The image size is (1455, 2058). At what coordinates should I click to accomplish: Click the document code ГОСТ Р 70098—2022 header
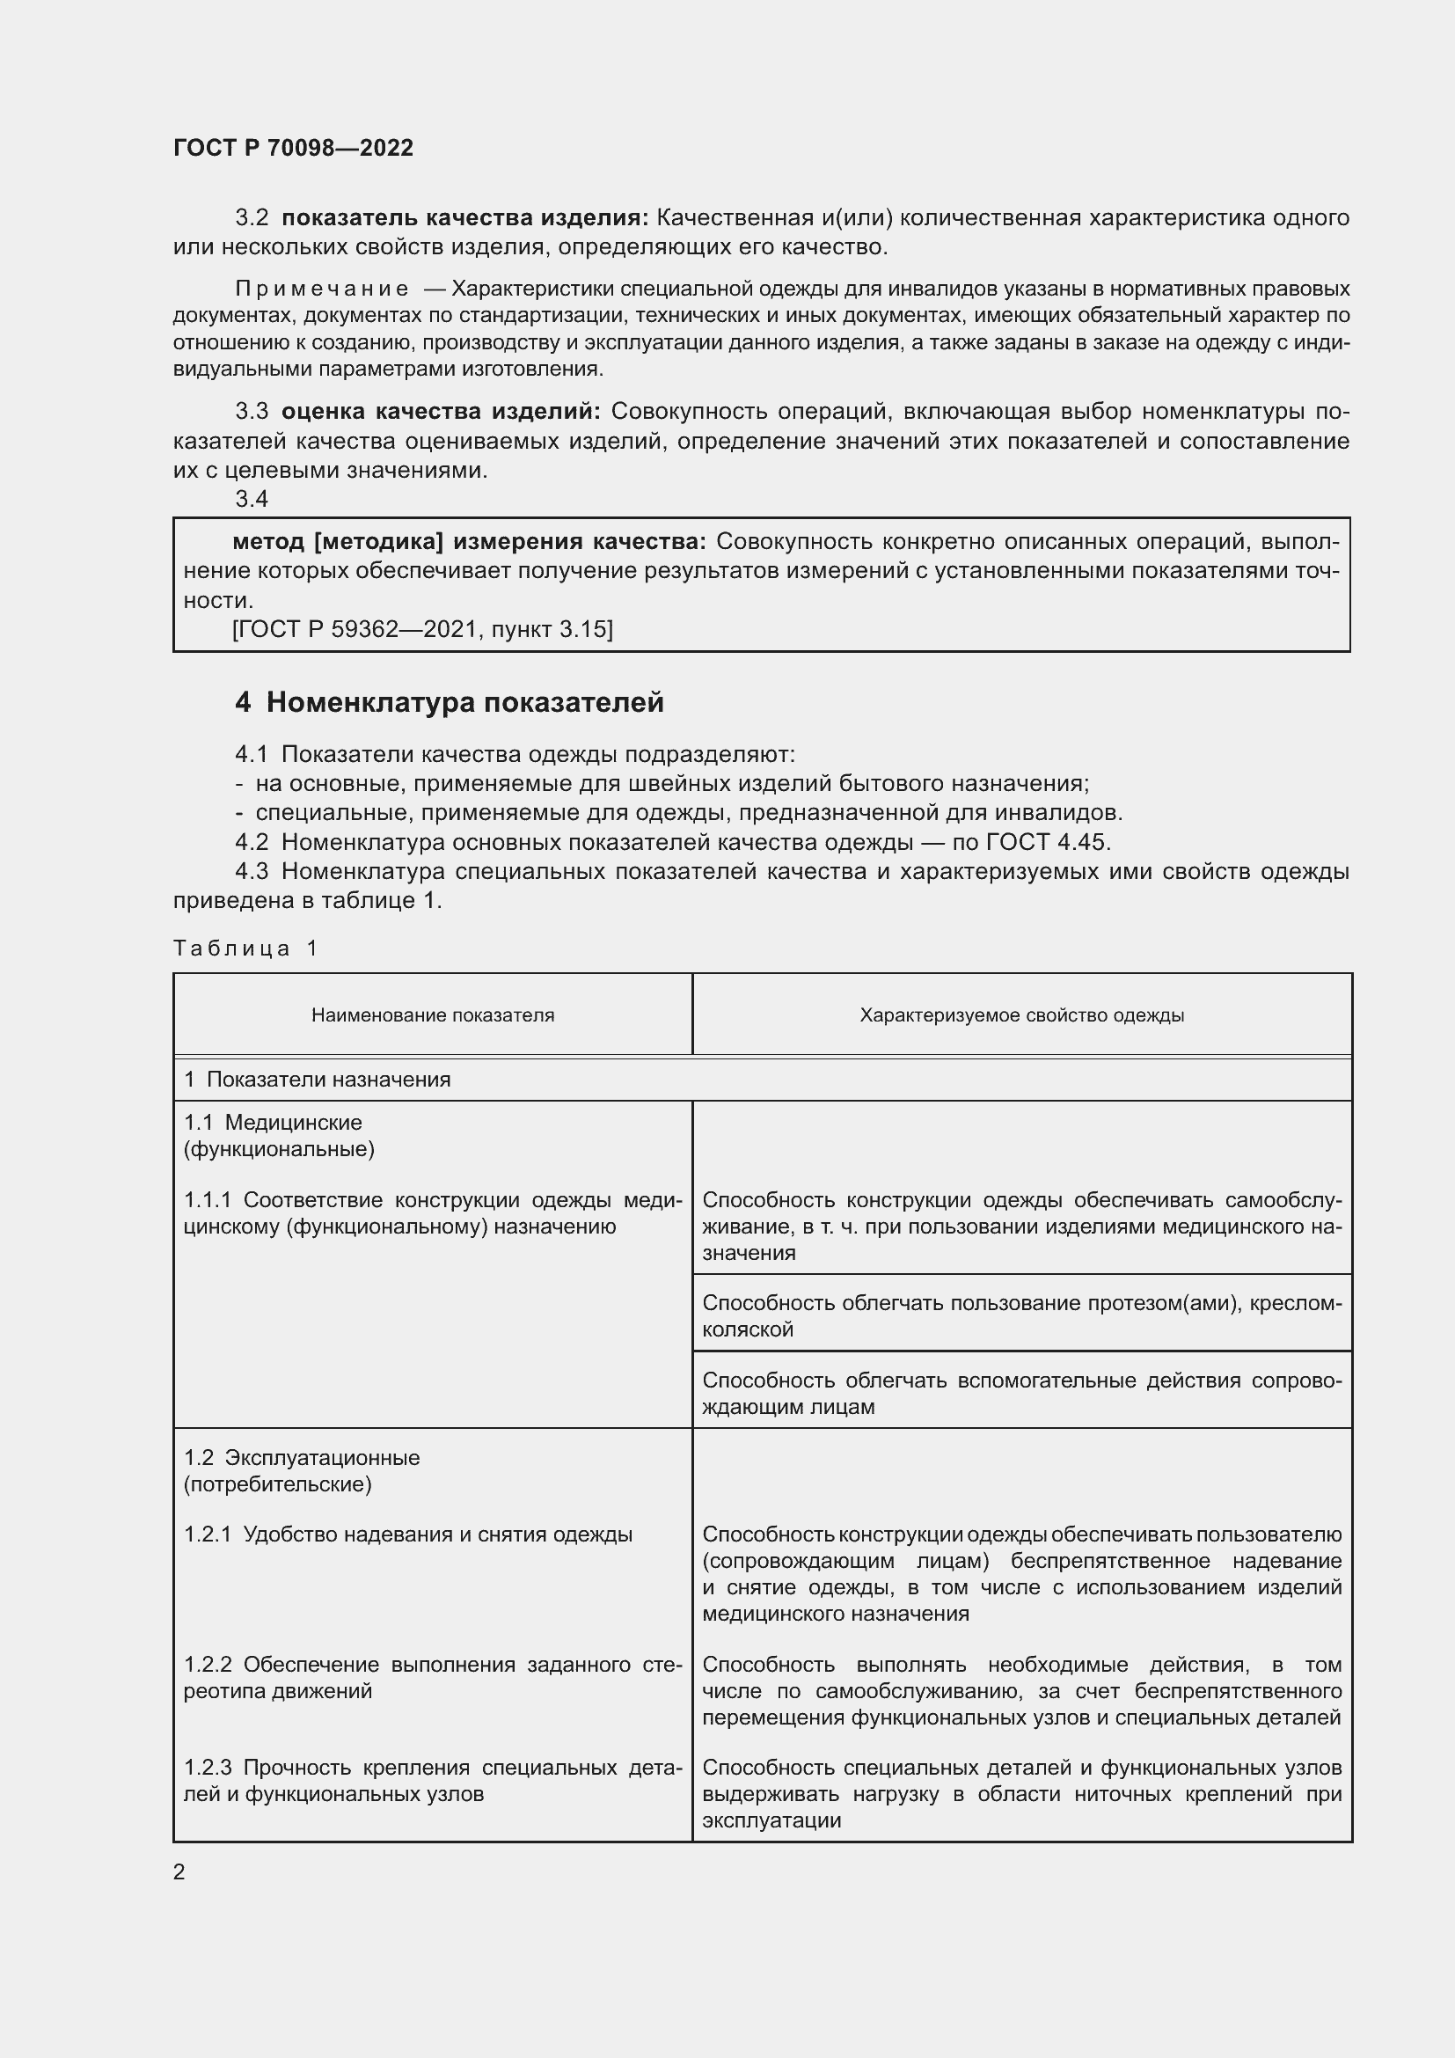tap(293, 148)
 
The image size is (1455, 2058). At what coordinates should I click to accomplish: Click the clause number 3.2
tap(252, 218)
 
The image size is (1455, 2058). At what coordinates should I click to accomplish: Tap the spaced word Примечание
tap(322, 289)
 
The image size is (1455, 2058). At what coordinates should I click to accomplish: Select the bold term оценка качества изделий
tap(441, 412)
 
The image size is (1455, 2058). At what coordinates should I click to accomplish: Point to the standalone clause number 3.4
tap(252, 499)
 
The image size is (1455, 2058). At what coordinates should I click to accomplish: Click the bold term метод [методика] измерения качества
tap(469, 541)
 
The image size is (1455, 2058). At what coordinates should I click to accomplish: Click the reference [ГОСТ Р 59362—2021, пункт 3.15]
tap(422, 629)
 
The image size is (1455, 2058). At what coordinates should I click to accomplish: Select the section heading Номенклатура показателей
tap(464, 702)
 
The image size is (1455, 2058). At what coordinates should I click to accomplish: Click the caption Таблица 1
tap(245, 948)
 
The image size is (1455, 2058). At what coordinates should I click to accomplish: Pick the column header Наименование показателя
tap(433, 1014)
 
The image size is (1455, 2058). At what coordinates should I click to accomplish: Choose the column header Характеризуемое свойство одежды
tap(1021, 1014)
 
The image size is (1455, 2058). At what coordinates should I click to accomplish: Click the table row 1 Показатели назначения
tap(318, 1080)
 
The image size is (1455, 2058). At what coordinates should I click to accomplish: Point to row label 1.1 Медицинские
tap(274, 1122)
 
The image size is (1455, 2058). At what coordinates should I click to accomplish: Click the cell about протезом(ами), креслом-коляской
tap(1021, 1315)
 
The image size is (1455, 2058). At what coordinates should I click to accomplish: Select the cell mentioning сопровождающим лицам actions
tap(1021, 1393)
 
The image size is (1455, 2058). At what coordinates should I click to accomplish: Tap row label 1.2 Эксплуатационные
tap(302, 1457)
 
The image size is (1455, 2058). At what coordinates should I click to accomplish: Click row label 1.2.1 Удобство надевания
tap(407, 1534)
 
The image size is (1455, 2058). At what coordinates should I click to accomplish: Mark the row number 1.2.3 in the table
tap(208, 1768)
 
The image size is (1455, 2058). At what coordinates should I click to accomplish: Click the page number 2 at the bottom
tap(179, 1871)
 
